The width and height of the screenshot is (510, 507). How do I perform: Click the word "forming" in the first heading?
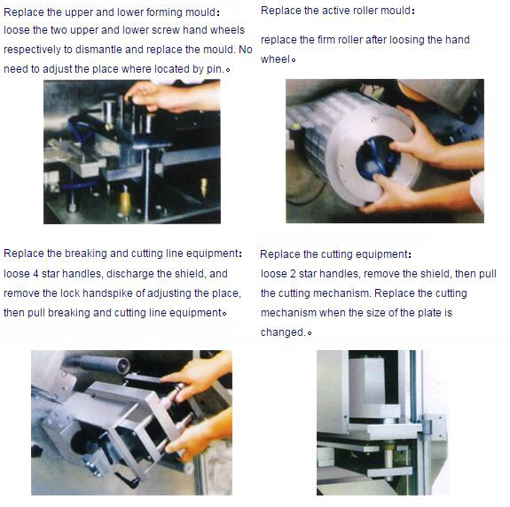click(164, 12)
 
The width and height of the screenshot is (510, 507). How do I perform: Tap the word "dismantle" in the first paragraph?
click(98, 50)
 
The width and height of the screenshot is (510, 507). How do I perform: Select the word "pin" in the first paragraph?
click(215, 69)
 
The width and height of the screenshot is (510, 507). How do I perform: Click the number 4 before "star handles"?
click(35, 274)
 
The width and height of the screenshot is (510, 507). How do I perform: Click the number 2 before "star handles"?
click(293, 274)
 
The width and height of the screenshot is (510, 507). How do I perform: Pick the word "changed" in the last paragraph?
click(282, 332)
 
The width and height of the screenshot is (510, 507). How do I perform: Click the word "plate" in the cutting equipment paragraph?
click(429, 313)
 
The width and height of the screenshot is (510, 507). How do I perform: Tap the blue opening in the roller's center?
click(377, 159)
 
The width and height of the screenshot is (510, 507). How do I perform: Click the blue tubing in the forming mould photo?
click(78, 131)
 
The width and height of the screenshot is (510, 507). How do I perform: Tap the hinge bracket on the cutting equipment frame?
click(427, 426)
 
